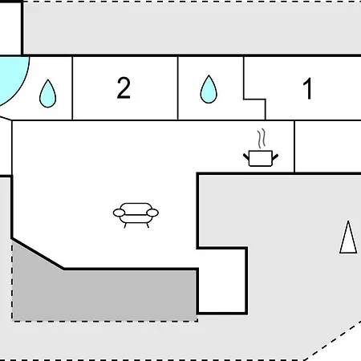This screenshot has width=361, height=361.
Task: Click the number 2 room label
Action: point(124,88)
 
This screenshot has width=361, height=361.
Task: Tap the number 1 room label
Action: point(307,88)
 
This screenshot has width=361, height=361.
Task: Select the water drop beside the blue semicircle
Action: point(48,94)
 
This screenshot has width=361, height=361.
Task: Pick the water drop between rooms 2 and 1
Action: point(209,89)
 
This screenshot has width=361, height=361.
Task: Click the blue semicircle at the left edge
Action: point(14,80)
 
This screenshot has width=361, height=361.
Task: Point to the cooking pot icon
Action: point(261,158)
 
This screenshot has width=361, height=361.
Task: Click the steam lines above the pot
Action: point(262,138)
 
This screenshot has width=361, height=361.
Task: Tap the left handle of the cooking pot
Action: point(246,156)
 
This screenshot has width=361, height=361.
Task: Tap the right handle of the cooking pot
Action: point(275,157)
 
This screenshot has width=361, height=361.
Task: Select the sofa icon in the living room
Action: point(136,215)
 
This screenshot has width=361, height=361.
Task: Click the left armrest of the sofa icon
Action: point(119,213)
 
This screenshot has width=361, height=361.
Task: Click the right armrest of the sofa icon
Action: point(152,213)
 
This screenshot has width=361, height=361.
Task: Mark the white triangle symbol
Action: point(348,238)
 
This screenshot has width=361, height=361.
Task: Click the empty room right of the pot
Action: point(328,147)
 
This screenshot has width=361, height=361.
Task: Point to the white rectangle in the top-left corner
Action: point(10,28)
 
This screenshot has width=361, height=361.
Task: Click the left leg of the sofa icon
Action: point(125,225)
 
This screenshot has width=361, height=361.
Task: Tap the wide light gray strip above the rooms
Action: point(192,27)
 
